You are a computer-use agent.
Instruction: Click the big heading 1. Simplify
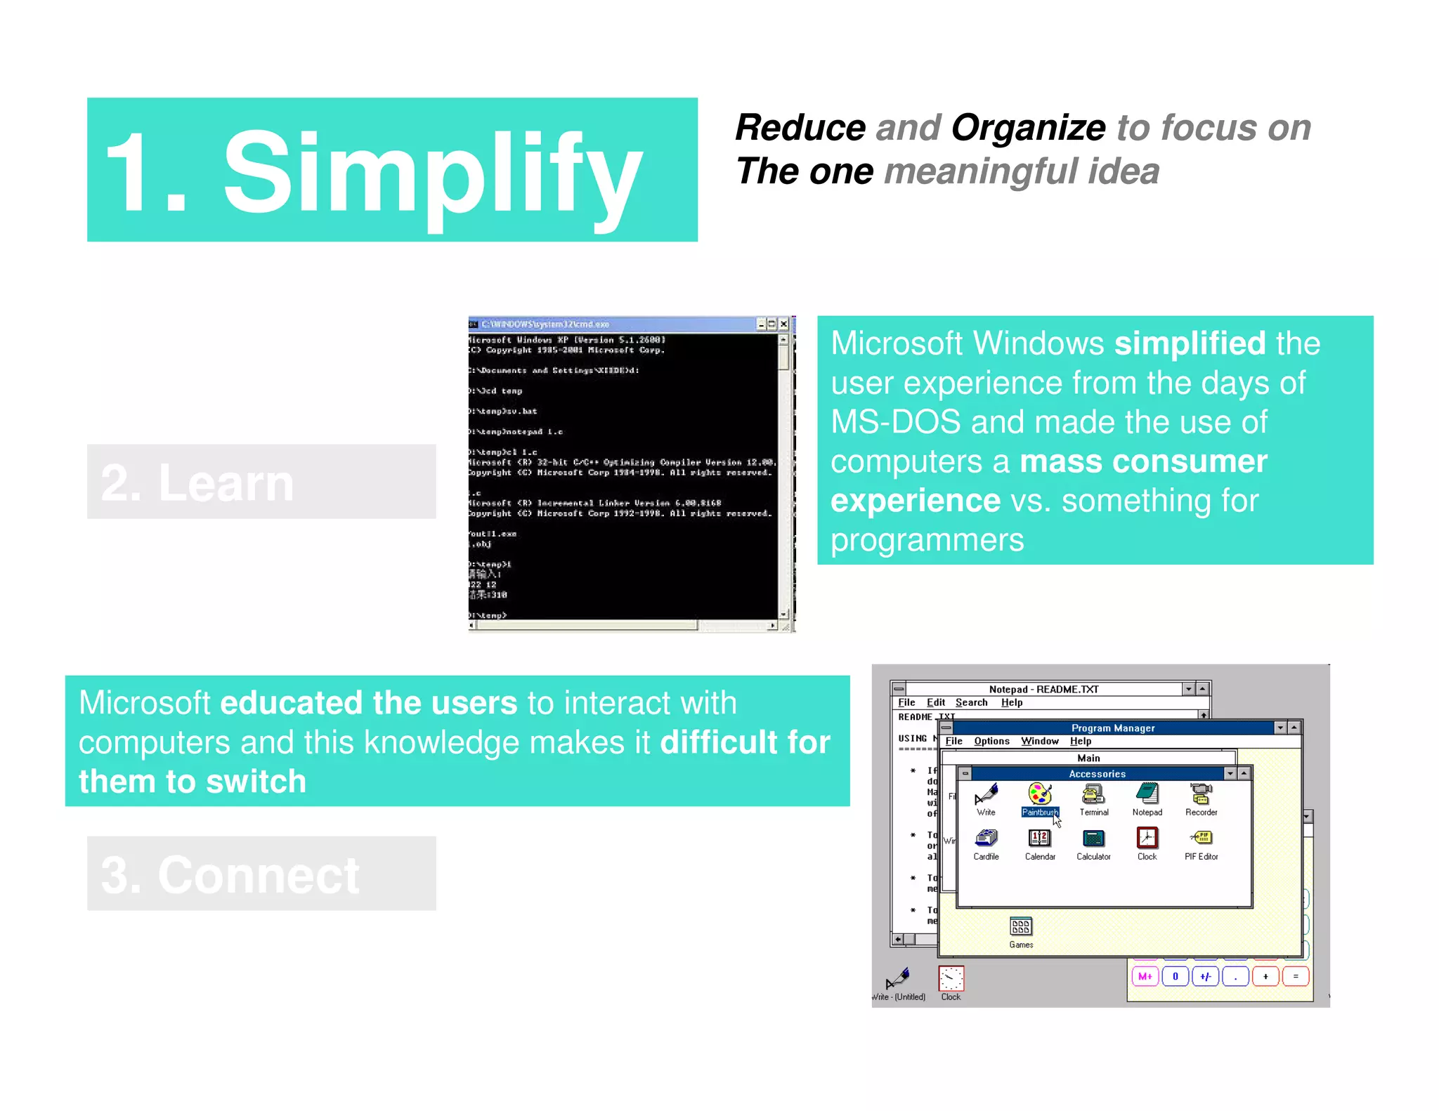tap(372, 172)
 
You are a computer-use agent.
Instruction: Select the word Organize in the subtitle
tap(1027, 128)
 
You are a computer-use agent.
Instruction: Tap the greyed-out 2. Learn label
tap(197, 483)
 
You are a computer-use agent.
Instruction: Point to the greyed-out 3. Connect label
tap(230, 875)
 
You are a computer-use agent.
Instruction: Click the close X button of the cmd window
tap(783, 324)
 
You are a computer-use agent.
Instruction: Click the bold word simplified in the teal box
tap(1189, 343)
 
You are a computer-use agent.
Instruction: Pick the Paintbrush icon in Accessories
tap(1039, 795)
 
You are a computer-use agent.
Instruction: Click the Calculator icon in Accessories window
tap(1093, 839)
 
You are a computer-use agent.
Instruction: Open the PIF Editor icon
tap(1201, 839)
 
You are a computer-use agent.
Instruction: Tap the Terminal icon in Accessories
tap(1093, 795)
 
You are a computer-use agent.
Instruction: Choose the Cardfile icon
tap(986, 839)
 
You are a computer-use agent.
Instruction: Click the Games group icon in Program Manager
tap(1021, 927)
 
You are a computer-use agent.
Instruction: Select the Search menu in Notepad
tap(971, 702)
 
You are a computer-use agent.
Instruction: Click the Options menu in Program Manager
tap(991, 741)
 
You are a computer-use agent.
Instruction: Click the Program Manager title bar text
tap(1112, 728)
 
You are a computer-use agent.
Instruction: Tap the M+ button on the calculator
tap(1145, 976)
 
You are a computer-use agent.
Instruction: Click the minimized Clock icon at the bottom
tap(951, 979)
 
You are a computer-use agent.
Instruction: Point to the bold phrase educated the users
tap(368, 703)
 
